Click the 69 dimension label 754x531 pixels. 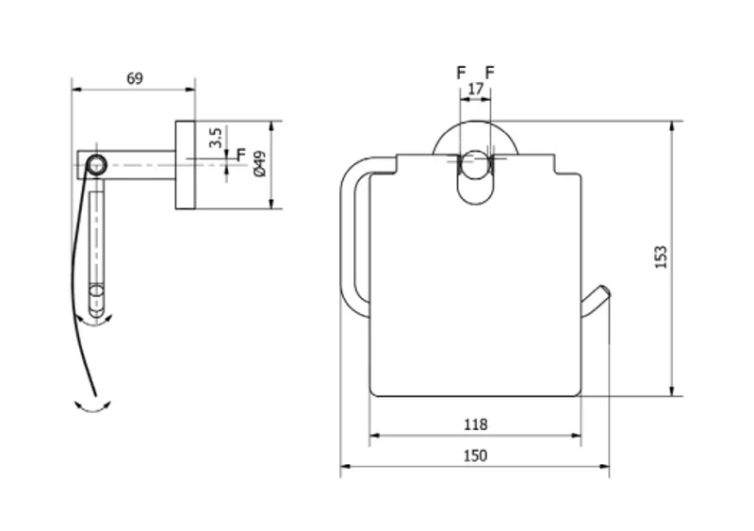135,78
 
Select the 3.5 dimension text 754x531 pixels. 215,138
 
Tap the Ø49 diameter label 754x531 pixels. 260,164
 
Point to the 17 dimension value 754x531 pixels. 475,89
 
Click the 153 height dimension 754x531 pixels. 662,257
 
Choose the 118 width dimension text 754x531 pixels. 475,424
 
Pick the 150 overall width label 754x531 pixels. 475,456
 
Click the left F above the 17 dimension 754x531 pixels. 461,73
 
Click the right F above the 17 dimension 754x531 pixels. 489,73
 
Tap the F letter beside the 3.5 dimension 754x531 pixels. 241,154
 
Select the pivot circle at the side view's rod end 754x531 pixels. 96,164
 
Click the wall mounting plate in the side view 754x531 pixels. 185,165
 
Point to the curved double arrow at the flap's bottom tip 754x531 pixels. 92,407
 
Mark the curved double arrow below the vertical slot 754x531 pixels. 95,322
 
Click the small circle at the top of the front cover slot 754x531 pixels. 475,164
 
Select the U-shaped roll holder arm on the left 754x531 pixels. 347,236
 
